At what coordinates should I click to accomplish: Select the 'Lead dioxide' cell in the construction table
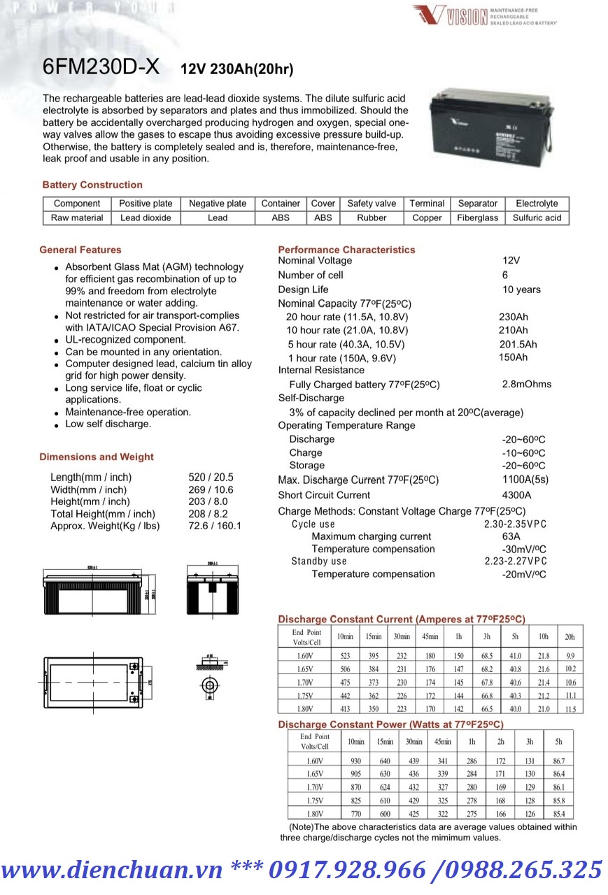pyautogui.click(x=146, y=217)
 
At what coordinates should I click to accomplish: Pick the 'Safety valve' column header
pyautogui.click(x=372, y=203)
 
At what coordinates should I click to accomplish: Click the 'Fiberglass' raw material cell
pyautogui.click(x=477, y=217)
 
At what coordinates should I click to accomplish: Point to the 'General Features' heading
pyautogui.click(x=80, y=250)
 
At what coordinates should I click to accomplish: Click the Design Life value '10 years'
pyautogui.click(x=521, y=289)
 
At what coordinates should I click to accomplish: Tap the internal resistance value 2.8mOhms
pyautogui.click(x=527, y=384)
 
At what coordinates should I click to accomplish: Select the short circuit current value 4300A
pyautogui.click(x=517, y=495)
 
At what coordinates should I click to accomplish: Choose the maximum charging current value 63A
pyautogui.click(x=511, y=536)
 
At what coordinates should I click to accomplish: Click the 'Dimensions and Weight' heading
pyautogui.click(x=97, y=457)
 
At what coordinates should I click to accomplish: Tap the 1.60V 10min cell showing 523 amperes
pyautogui.click(x=345, y=656)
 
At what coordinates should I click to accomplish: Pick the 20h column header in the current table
pyautogui.click(x=570, y=636)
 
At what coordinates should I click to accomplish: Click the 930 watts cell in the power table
pyautogui.click(x=356, y=760)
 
